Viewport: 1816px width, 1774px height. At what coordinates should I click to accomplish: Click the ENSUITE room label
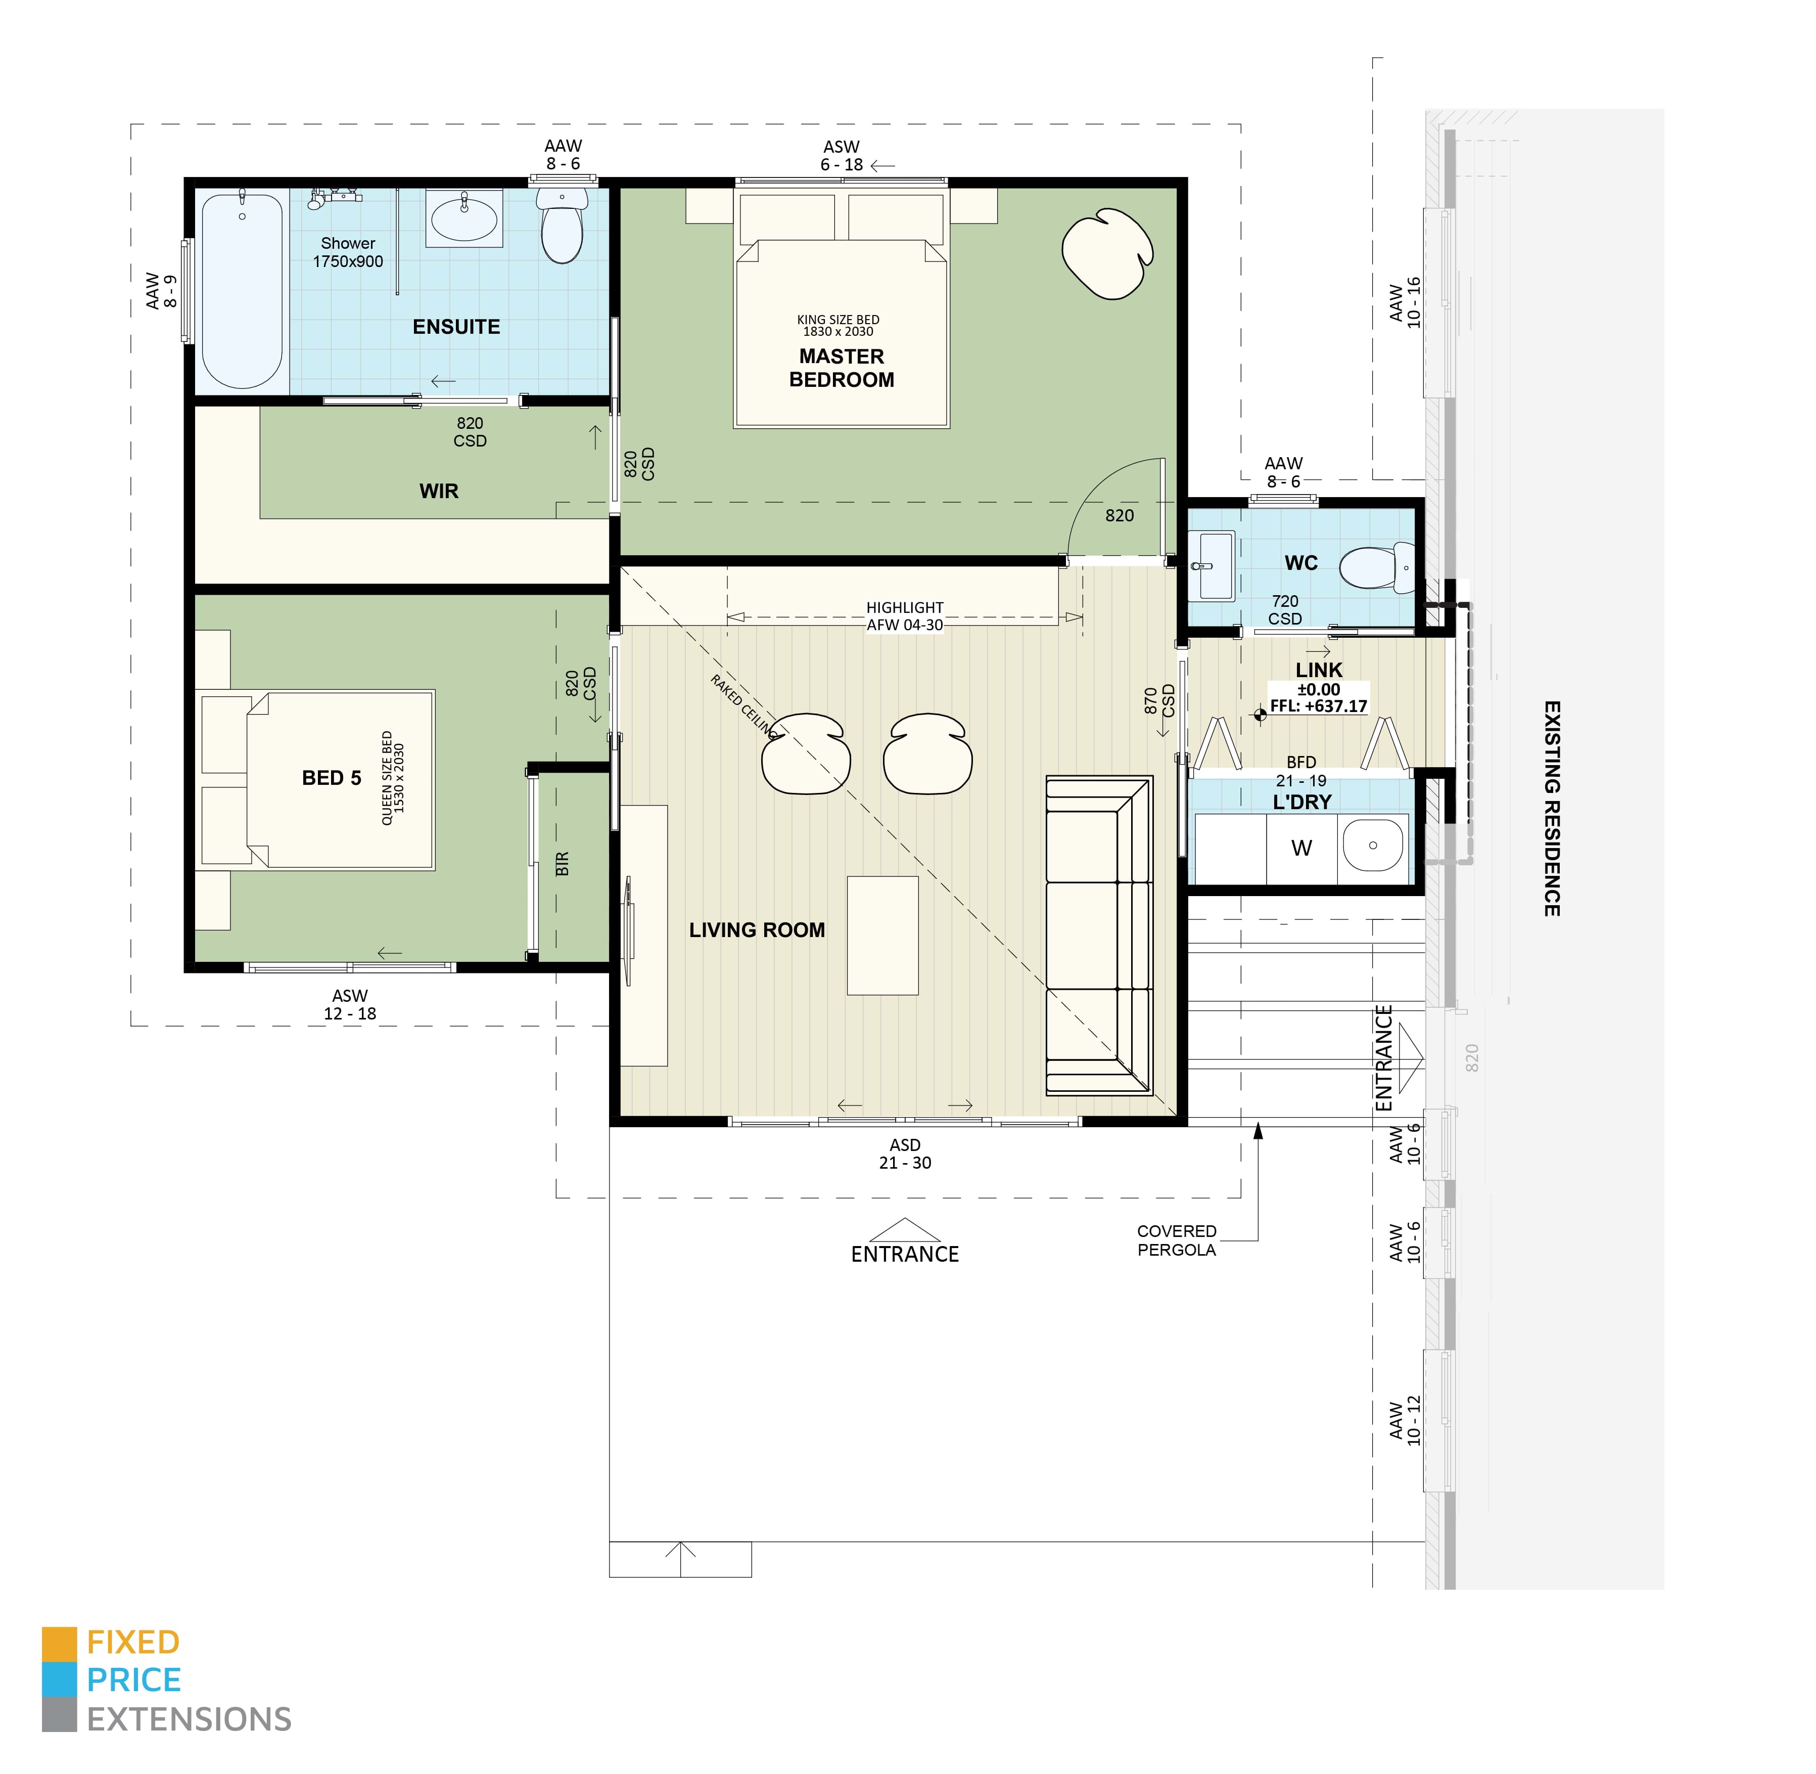point(456,327)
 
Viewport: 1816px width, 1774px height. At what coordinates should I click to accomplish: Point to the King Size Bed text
point(838,325)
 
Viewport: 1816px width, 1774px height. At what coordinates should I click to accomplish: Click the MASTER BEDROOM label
point(841,368)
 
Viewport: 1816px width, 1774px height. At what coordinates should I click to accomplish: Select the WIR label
point(439,491)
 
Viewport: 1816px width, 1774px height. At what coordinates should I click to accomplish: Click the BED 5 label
point(332,778)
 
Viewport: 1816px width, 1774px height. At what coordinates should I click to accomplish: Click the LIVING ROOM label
point(757,930)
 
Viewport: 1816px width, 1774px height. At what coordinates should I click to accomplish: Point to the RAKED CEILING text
point(742,706)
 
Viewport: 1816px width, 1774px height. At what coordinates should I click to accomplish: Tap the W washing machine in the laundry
point(1301,848)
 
